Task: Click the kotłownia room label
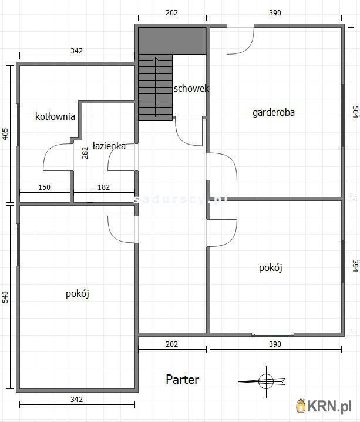click(55, 116)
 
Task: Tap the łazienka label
click(109, 146)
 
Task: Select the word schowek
click(191, 89)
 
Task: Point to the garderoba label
click(274, 112)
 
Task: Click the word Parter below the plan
click(182, 380)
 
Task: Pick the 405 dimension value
click(5, 134)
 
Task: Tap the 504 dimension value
click(354, 113)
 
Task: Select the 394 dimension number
click(354, 267)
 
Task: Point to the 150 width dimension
click(44, 187)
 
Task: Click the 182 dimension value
click(103, 187)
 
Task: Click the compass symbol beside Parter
click(265, 380)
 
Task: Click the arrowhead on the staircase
click(155, 59)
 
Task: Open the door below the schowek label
click(189, 131)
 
